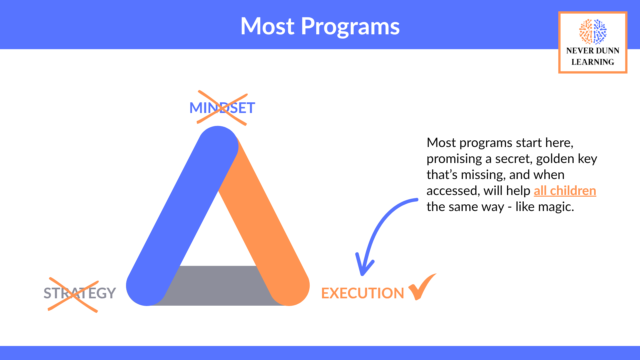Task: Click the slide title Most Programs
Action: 320,26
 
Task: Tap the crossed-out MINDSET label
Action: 222,108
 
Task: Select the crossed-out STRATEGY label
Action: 80,293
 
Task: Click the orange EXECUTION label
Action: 362,293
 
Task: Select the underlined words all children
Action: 565,191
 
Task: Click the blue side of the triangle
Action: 182,216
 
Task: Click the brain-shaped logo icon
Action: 593,32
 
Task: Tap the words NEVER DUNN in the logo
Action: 593,51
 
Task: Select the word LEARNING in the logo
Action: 593,62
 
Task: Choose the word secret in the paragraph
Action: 514,159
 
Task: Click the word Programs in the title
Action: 350,26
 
